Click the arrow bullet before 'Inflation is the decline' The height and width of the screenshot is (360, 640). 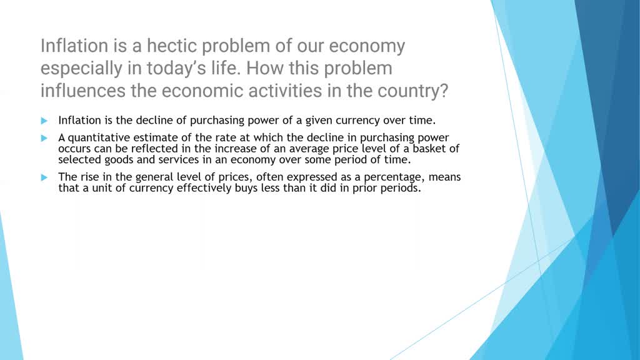pos(44,120)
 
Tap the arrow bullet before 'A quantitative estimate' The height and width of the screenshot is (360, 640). pos(44,137)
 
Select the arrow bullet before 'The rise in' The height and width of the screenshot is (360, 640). pos(44,177)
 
